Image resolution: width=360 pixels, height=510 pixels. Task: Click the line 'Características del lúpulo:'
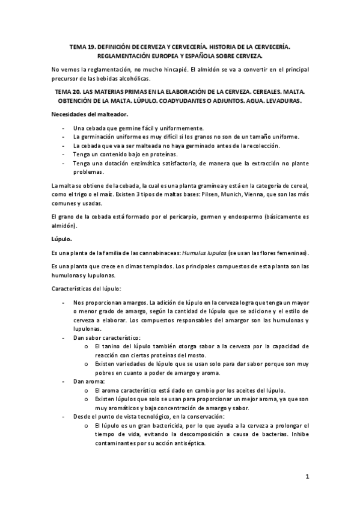coord(87,289)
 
